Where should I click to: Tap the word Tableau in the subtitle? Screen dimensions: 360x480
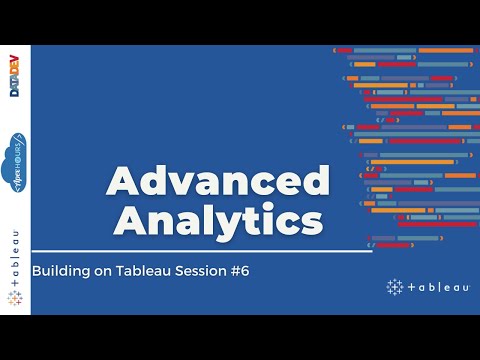click(x=137, y=270)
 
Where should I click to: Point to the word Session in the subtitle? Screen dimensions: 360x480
click(x=196, y=270)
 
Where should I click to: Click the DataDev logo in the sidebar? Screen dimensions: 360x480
click(x=15, y=76)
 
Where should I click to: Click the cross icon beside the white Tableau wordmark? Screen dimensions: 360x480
click(x=394, y=287)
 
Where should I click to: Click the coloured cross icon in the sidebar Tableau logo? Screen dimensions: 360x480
click(x=15, y=298)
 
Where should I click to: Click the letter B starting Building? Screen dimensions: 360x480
click(x=37, y=270)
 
